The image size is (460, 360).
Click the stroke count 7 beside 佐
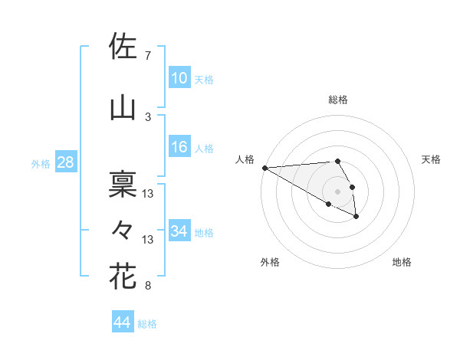point(148,56)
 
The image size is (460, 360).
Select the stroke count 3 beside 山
point(148,117)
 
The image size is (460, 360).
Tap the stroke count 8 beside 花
point(148,286)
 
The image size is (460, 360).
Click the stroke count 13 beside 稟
point(148,194)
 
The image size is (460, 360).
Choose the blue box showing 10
point(179,78)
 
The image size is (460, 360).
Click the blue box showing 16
point(179,147)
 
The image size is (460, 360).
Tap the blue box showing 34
point(179,231)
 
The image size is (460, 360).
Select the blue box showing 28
point(65,162)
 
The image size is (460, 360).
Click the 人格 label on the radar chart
point(245,159)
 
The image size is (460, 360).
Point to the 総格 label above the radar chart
point(338,100)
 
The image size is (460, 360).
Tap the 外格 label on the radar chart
point(270,262)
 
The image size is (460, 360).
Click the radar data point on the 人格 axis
point(264,168)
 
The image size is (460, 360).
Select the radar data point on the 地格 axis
point(356,217)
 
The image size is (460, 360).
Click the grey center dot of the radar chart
point(337,191)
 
